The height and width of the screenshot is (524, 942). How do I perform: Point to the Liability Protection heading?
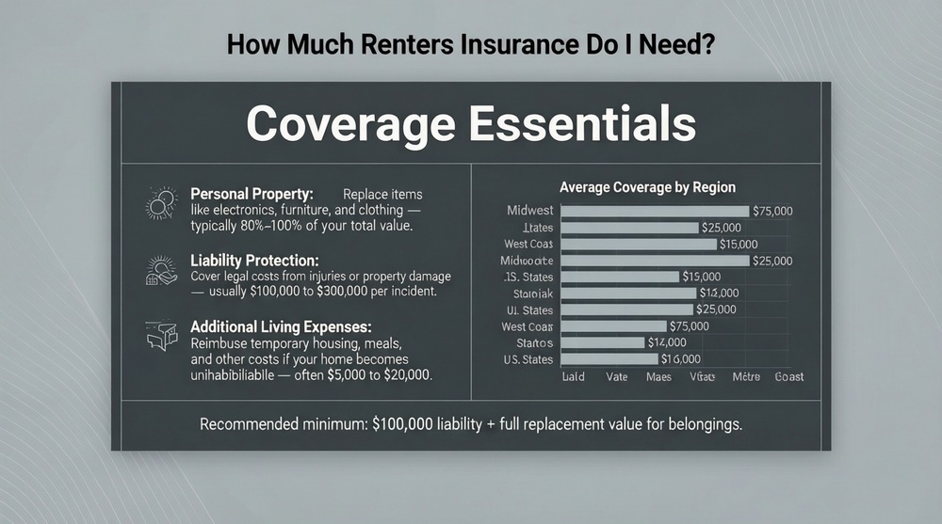(253, 259)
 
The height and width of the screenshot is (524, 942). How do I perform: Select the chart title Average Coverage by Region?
(647, 187)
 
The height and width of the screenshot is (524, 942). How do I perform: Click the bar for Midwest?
(655, 211)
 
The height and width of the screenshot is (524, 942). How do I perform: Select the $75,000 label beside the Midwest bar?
(772, 211)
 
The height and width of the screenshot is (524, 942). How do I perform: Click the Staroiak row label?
(530, 294)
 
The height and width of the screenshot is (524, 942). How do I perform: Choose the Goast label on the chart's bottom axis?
(788, 376)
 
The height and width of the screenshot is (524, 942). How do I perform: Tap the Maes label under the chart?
(658, 376)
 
